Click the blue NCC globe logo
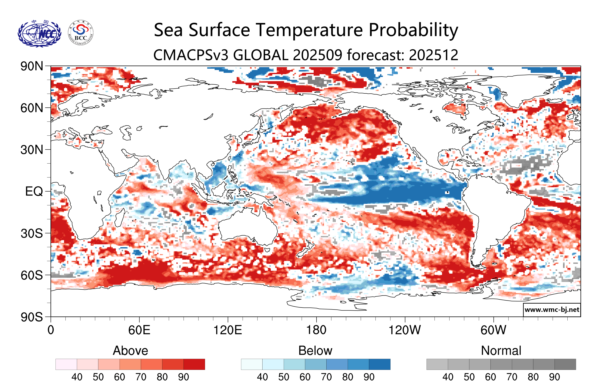pyautogui.click(x=39, y=33)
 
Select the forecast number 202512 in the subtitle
pyautogui.click(x=434, y=55)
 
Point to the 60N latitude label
pyautogui.click(x=32, y=108)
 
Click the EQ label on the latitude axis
pyautogui.click(x=34, y=191)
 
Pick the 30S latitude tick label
pyautogui.click(x=32, y=233)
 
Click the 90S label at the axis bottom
pyautogui.click(x=32, y=317)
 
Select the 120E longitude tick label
pyautogui.click(x=228, y=330)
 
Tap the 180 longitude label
pyautogui.click(x=316, y=330)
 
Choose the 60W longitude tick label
pyautogui.click(x=493, y=330)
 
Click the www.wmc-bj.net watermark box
pyautogui.click(x=552, y=310)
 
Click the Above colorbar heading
pyautogui.click(x=130, y=351)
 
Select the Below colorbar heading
pyautogui.click(x=315, y=351)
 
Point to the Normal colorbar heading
pyautogui.click(x=501, y=351)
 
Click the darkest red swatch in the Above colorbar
pyautogui.click(x=194, y=364)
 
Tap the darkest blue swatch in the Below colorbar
pyautogui.click(x=379, y=364)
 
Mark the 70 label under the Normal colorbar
pyautogui.click(x=512, y=377)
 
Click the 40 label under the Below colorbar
pyautogui.click(x=262, y=377)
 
